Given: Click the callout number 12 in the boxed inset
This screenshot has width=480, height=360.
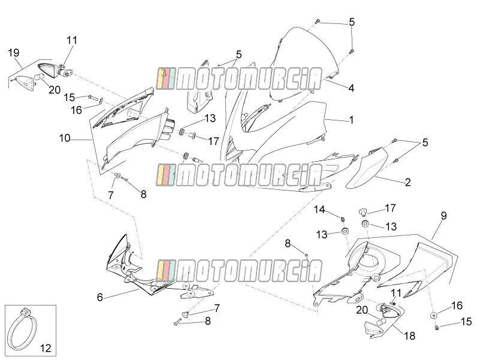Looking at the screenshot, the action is (46, 348).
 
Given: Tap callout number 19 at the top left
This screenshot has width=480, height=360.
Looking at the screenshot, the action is (13, 53).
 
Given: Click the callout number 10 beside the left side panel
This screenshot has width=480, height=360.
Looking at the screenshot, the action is (65, 138).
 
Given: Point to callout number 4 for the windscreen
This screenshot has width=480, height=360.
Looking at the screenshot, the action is (351, 88).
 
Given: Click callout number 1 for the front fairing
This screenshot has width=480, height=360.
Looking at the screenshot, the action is (351, 120).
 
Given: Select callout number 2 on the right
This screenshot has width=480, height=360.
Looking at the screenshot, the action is (407, 183).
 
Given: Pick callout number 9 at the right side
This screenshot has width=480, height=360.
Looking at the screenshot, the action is (443, 216).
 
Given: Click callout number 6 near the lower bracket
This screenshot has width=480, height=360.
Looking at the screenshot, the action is (100, 297).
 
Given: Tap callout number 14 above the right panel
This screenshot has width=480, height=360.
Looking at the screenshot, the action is (319, 210).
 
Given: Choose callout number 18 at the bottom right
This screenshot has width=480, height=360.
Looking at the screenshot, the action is (410, 336).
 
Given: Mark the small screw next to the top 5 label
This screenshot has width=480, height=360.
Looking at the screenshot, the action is (318, 21).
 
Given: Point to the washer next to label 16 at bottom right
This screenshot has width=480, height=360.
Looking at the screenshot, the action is (433, 315).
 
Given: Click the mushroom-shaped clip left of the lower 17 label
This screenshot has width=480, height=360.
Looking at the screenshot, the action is (363, 211).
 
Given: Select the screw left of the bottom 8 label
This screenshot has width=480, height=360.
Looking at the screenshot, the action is (177, 322).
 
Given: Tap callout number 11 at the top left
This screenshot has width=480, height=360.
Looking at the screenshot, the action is (72, 40).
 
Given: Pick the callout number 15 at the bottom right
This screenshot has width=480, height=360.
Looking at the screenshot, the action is (466, 322).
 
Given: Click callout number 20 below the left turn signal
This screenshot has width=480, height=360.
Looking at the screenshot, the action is (55, 90).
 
